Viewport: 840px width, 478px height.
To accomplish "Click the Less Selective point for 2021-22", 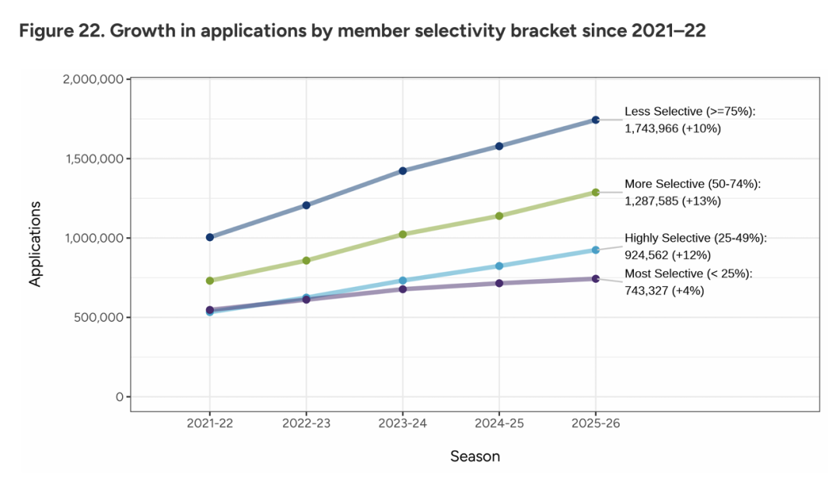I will coord(210,237).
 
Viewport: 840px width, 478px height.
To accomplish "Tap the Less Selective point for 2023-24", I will coord(403,170).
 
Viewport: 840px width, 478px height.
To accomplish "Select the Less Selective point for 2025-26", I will coord(596,120).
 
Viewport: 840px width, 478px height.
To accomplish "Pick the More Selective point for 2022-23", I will coord(306,260).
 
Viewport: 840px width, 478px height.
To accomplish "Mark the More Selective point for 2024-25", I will coord(499,215).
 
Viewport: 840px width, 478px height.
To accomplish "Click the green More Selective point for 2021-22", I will coord(210,281).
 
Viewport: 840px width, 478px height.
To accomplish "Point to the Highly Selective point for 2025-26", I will coord(596,250).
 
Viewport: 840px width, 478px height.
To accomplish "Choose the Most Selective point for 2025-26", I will coord(596,278).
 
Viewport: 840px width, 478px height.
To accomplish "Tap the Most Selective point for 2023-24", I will coord(403,289).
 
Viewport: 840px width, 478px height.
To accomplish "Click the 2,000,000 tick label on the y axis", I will coord(92,79).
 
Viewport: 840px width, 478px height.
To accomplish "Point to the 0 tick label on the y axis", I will coord(119,397).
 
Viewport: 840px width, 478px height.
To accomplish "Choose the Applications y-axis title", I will coord(35,244).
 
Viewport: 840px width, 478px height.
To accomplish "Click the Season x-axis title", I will coord(475,456).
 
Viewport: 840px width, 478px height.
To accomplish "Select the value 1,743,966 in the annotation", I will coord(652,129).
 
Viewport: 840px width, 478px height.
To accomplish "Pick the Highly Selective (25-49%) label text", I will coord(695,239).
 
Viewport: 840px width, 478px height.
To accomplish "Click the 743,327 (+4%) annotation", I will coord(667,289).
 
